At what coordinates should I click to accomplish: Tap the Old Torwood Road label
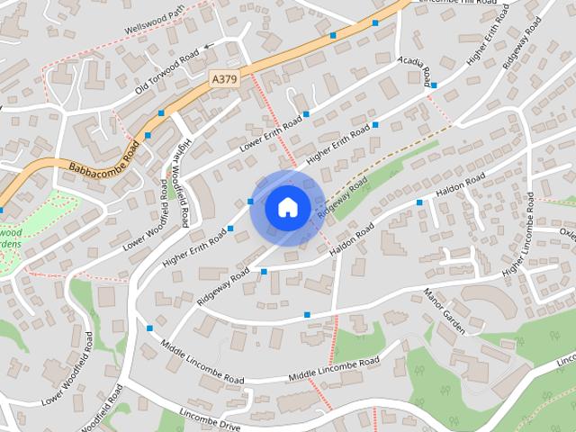pyautogui.click(x=166, y=71)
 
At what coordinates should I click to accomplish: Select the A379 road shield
pyautogui.click(x=225, y=80)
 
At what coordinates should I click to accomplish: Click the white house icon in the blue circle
pyautogui.click(x=287, y=208)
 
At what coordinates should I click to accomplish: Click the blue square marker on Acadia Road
pyautogui.click(x=434, y=85)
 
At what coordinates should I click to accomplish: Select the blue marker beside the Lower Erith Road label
pyautogui.click(x=306, y=114)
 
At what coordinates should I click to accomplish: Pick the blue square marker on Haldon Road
pyautogui.click(x=419, y=202)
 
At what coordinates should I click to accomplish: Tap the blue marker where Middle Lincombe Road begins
pyautogui.click(x=149, y=328)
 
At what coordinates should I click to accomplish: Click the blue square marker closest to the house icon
pyautogui.click(x=250, y=202)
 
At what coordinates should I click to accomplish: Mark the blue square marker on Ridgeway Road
pyautogui.click(x=264, y=271)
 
